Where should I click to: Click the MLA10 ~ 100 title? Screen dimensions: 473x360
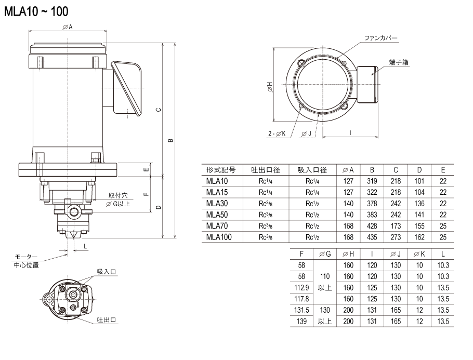[x=36, y=12]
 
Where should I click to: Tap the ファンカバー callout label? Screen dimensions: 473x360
[x=380, y=38]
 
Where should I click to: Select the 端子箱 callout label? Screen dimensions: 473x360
[x=399, y=62]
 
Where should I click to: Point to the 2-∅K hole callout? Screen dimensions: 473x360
[x=277, y=134]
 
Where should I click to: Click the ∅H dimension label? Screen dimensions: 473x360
[x=270, y=87]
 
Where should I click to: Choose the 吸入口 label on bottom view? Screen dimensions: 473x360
[x=107, y=272]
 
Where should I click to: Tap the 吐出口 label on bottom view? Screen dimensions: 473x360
[x=107, y=319]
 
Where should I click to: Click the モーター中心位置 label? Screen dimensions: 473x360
[x=26, y=261]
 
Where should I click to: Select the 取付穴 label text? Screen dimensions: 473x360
[x=119, y=195]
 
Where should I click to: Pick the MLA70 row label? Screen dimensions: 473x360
[x=217, y=226]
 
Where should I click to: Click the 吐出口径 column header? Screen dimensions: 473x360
[x=266, y=170]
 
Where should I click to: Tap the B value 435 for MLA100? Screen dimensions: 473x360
[x=372, y=237]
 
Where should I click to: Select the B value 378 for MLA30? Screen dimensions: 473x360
[x=372, y=204]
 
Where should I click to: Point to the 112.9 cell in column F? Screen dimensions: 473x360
[x=301, y=288]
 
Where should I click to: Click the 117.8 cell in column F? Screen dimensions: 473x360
[x=301, y=299]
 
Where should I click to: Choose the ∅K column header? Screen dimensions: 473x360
[x=419, y=254]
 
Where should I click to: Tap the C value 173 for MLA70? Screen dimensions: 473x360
[x=396, y=226]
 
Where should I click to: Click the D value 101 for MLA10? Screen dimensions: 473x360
[x=419, y=181]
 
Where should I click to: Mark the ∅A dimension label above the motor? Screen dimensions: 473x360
[x=68, y=27]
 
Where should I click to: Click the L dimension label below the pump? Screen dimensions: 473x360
[x=85, y=246]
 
